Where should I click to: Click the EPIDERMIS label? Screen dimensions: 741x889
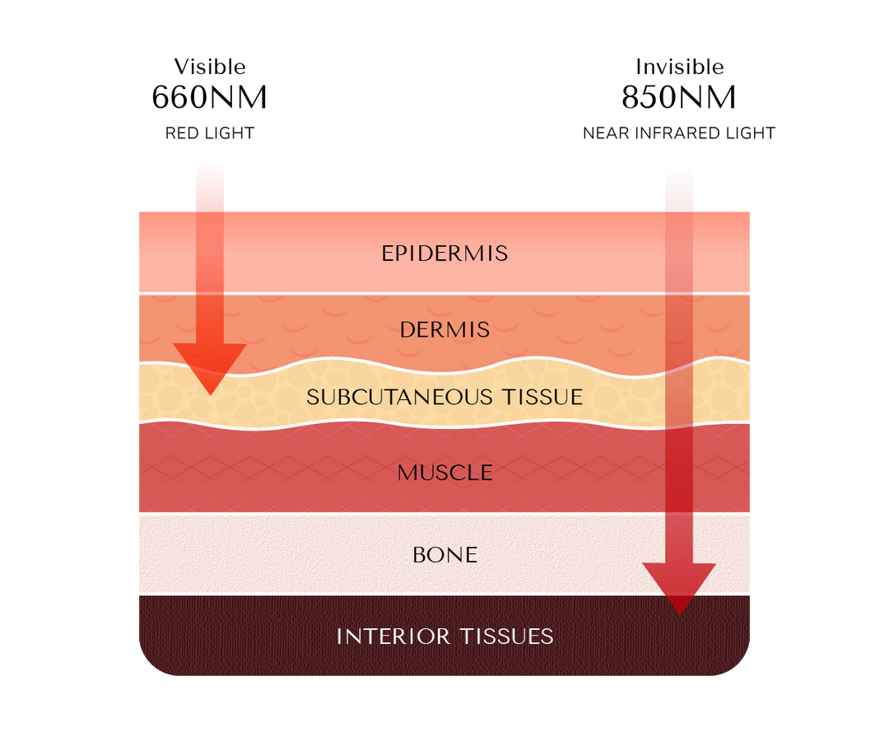(444, 253)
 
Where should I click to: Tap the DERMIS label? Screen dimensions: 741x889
(444, 330)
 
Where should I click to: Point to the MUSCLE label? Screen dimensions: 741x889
(444, 473)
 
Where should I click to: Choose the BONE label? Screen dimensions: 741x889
(444, 555)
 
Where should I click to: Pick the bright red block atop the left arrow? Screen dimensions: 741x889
(209, 186)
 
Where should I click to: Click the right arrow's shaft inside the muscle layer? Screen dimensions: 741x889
(679, 469)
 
